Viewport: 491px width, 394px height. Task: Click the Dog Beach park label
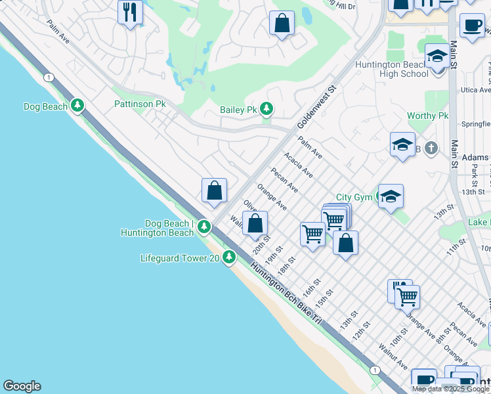[45, 106]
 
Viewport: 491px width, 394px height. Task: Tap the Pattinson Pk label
[140, 104]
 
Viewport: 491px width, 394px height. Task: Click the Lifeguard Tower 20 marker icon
[229, 257]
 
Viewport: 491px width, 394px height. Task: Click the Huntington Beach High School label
[391, 69]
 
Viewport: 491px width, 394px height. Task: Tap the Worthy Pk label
[427, 116]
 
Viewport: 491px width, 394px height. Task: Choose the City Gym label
[354, 197]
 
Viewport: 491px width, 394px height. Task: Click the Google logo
[22, 386]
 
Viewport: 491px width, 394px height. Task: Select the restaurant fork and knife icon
[130, 12]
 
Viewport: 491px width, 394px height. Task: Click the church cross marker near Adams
[431, 147]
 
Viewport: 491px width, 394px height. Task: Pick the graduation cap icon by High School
[437, 56]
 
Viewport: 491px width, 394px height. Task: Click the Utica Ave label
[476, 89]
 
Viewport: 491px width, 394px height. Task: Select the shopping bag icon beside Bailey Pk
[282, 24]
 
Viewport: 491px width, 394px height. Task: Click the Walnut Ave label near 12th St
[393, 355]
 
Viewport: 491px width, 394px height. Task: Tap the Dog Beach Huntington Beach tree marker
[204, 227]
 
